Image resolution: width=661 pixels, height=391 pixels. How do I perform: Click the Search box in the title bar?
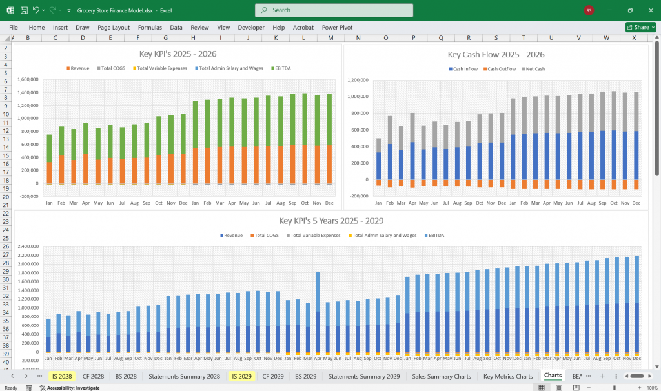334,10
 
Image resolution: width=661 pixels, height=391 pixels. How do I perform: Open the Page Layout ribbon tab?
114,28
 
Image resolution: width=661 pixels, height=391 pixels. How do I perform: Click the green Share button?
640,28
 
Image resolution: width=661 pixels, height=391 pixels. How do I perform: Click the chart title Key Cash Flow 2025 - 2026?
496,55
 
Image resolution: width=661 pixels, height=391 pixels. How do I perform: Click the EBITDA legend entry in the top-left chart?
281,68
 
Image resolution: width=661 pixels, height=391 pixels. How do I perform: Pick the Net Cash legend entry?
534,69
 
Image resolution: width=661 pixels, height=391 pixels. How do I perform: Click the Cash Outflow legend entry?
501,69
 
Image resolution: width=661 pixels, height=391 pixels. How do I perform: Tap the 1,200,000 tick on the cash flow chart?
357,81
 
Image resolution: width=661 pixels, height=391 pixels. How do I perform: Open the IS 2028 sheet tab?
61,376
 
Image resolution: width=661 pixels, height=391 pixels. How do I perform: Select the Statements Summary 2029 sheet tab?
363,376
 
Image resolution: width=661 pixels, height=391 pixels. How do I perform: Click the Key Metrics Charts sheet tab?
508,376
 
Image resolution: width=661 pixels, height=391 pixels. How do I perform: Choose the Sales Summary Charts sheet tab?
442,376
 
